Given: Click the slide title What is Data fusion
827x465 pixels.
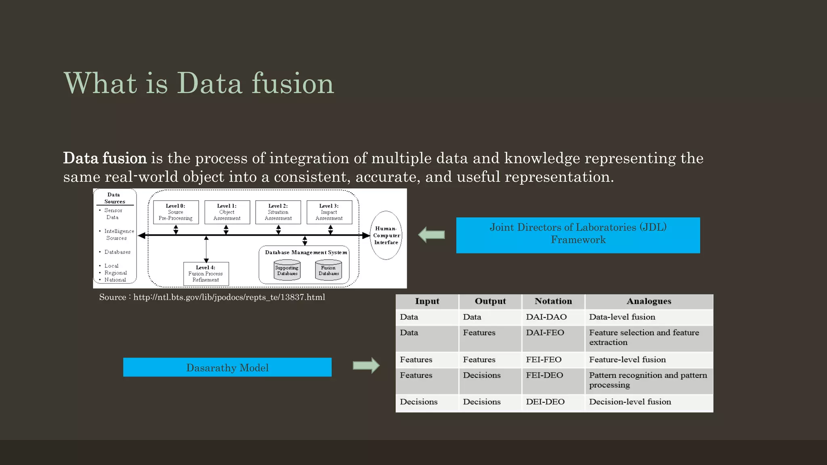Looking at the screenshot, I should tap(199, 83).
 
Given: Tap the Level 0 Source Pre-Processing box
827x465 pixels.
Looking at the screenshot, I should tap(176, 212).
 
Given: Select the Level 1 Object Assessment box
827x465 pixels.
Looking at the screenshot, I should tap(227, 212).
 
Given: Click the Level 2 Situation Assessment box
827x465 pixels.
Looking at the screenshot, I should tap(278, 212).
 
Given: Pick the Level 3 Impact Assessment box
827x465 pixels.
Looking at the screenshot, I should tap(329, 212).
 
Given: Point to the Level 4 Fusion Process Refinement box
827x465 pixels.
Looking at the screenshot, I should tap(206, 274).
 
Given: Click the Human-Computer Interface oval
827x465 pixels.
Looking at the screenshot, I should tap(386, 235).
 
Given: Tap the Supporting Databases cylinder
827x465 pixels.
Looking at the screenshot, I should tap(287, 271).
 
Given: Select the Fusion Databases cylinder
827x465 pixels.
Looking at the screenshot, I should tap(328, 271).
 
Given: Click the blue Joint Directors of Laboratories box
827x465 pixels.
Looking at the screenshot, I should tap(578, 235).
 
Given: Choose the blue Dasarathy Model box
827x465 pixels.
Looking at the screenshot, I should tap(227, 367).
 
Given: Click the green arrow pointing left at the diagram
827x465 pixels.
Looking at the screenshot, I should tap(431, 235).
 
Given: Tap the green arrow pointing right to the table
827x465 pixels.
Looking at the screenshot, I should tap(366, 365).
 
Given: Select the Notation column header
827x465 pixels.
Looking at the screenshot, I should tap(553, 301).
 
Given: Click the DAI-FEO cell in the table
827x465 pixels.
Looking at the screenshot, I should tap(545, 333).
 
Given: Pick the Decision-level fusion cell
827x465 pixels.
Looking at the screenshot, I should tap(630, 402).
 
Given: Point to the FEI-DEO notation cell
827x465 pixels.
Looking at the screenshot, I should tap(544, 375).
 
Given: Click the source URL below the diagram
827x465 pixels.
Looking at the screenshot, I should tap(229, 297).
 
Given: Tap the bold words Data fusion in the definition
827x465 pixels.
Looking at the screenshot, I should tap(105, 158).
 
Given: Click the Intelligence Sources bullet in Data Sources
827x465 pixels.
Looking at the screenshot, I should tap(119, 235).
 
